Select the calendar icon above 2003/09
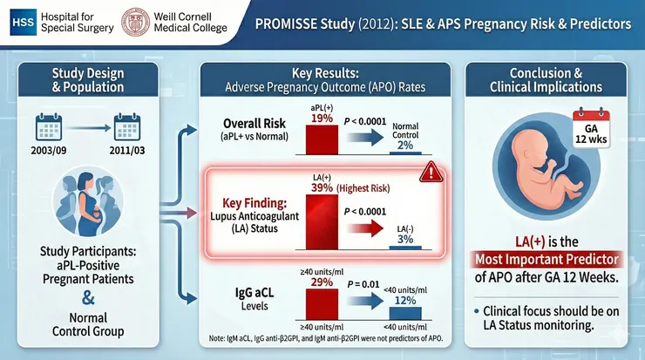point(47,129)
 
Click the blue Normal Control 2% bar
point(406,150)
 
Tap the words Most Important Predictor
point(553,260)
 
